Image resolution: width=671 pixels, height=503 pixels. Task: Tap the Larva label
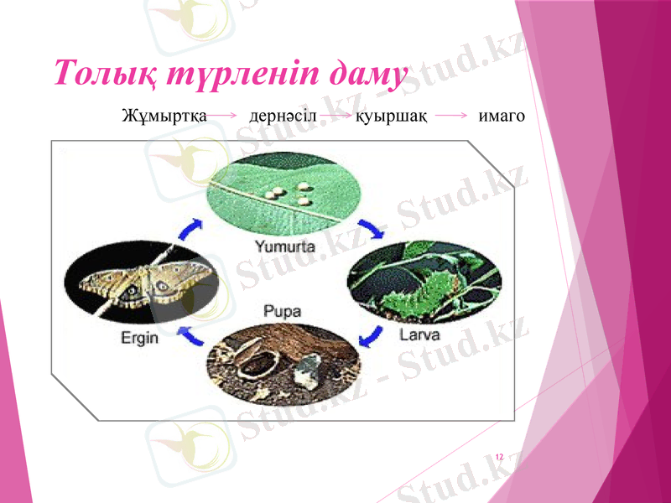click(420, 336)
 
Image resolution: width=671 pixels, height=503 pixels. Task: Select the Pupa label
click(283, 311)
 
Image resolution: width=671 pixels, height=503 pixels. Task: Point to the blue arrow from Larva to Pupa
click(368, 336)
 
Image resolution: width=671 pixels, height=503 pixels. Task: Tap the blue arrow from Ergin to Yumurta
click(191, 229)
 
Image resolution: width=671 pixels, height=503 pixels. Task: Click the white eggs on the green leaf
click(288, 194)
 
